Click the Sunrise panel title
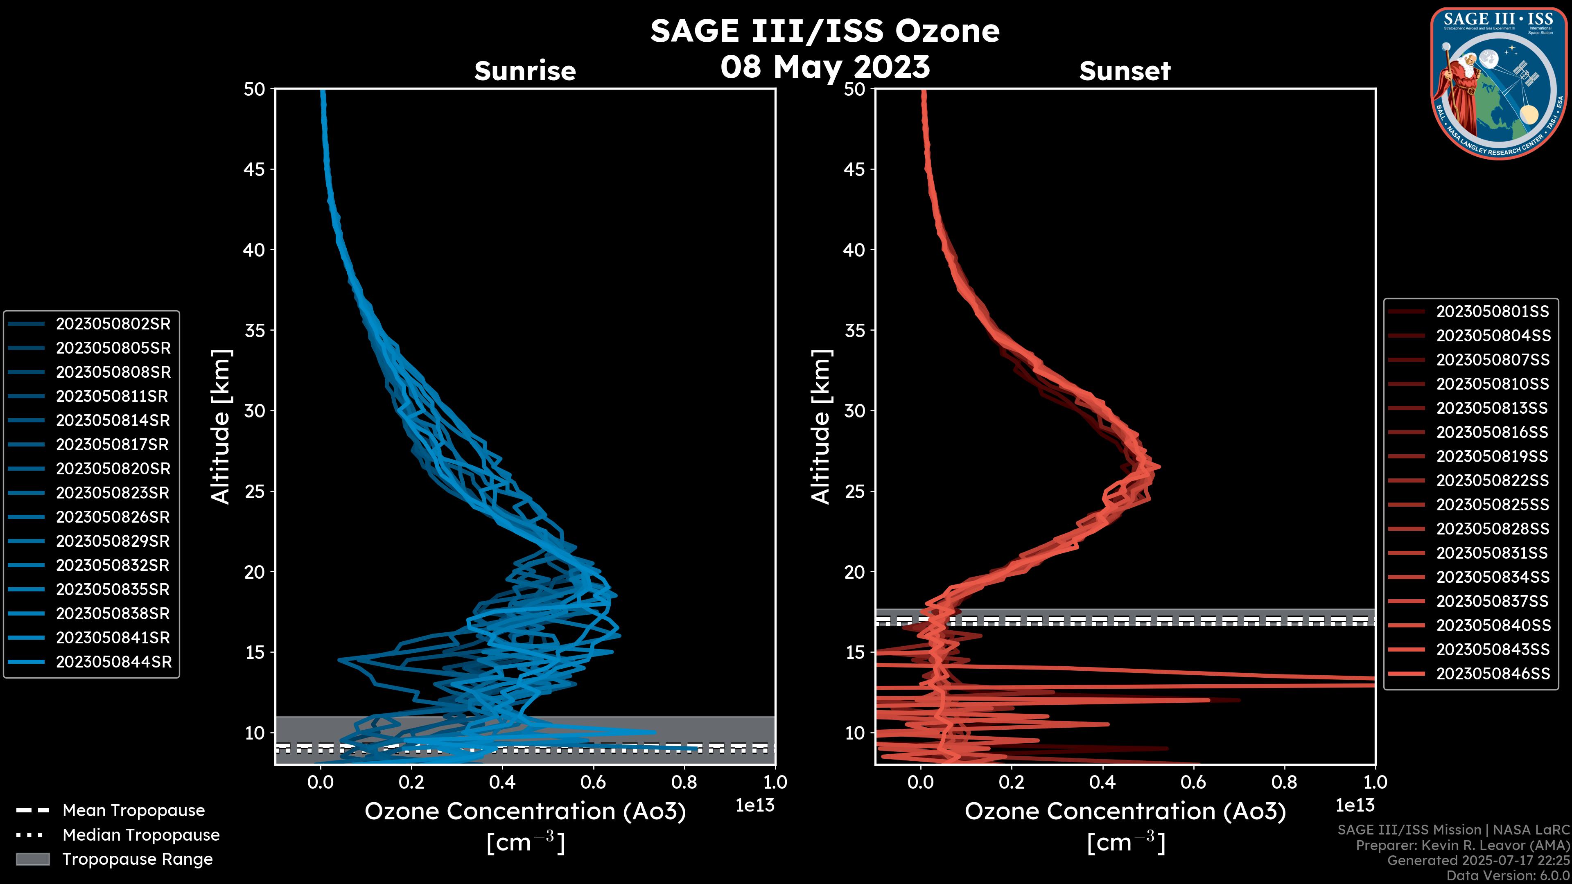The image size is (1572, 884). point(525,71)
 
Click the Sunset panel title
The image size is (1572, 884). point(1125,71)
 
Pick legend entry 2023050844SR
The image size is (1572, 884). point(113,662)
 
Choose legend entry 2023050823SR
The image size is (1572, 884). point(113,493)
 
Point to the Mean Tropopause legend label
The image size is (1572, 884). point(133,810)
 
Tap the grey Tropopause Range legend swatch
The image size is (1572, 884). point(32,859)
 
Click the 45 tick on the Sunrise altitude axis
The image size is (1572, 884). point(255,169)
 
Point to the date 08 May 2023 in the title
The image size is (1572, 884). point(824,66)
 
